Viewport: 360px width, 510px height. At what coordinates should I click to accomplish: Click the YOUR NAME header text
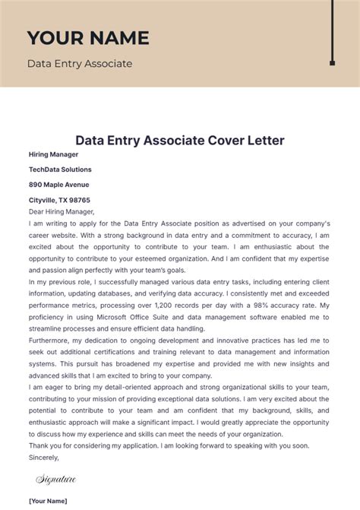(x=88, y=38)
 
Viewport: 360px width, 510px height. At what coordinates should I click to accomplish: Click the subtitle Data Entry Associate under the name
(x=79, y=64)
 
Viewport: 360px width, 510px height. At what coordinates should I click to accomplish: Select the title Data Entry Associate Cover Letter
(x=179, y=141)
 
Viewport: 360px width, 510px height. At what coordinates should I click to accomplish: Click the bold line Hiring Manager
(x=53, y=154)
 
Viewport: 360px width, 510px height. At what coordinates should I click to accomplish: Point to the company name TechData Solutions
(x=60, y=169)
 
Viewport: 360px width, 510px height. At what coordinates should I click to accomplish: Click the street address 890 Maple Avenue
(x=58, y=185)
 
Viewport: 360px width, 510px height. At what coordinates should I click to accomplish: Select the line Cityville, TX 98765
(x=59, y=200)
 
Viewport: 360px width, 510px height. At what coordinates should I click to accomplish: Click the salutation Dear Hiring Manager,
(x=61, y=212)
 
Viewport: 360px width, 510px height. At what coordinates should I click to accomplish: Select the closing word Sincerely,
(x=43, y=458)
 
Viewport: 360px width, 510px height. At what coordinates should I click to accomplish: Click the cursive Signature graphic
(x=56, y=479)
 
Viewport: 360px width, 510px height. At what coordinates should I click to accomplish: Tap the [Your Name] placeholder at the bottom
(x=48, y=501)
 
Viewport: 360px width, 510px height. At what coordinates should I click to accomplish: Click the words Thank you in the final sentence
(x=45, y=445)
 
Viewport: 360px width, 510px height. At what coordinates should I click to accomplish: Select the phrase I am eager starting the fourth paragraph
(x=48, y=387)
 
